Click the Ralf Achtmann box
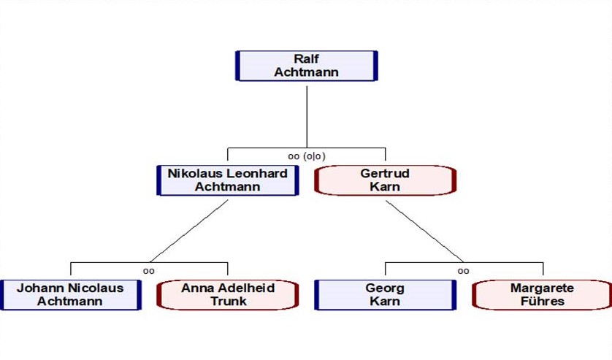tap(306, 65)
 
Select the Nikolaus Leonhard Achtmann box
tap(227, 180)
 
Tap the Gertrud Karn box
tap(385, 180)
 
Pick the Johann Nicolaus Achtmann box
tap(70, 294)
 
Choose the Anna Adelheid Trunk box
tap(228, 294)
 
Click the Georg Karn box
tap(385, 294)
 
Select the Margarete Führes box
tap(543, 294)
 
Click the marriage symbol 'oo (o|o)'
tap(306, 156)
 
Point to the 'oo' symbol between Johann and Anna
tap(149, 270)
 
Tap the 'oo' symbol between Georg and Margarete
tap(464, 270)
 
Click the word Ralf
tap(306, 58)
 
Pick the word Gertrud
tap(385, 174)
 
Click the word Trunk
tap(228, 301)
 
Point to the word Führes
tap(543, 301)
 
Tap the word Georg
tap(385, 288)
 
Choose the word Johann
tap(41, 288)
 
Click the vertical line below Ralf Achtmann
tap(306, 113)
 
